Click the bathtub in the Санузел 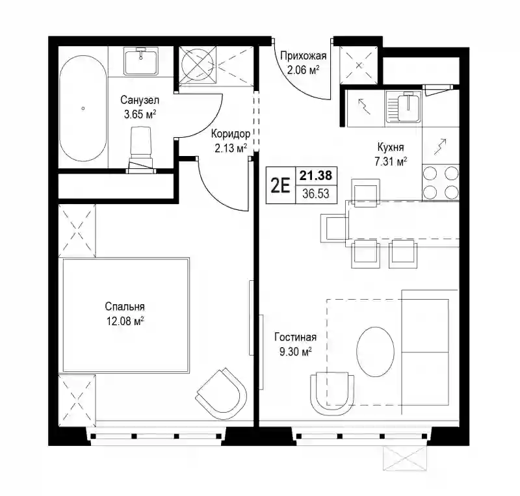83,109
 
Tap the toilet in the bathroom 141,150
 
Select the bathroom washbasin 141,60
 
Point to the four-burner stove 441,183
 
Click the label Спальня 125,306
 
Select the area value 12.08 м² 125,321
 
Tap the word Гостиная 296,337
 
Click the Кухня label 391,147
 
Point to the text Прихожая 303,55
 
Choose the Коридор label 231,134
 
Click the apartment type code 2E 281,185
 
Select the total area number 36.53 316,194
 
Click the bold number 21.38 316,175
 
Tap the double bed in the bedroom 126,315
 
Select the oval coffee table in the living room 376,352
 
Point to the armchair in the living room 332,393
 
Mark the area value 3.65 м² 140,114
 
